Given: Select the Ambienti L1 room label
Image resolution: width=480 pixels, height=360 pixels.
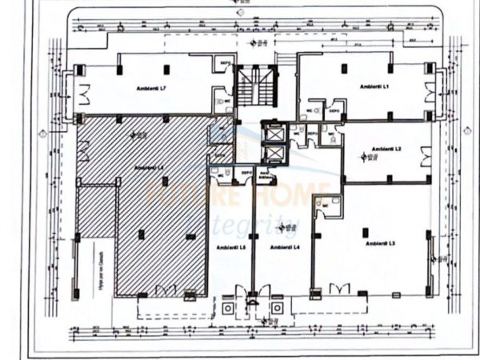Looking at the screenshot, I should click(x=372, y=85).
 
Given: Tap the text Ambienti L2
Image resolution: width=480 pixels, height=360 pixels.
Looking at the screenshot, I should click(x=386, y=150).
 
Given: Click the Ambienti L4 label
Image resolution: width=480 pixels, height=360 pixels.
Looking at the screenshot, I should click(x=285, y=247).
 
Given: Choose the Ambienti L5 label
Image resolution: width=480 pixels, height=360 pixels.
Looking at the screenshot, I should click(x=230, y=247).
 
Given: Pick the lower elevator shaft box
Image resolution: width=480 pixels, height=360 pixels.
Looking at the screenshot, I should click(x=274, y=152).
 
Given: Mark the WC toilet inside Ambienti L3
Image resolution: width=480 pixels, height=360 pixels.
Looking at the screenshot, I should click(x=326, y=206).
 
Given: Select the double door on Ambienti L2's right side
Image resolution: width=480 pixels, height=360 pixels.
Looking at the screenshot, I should click(x=426, y=159).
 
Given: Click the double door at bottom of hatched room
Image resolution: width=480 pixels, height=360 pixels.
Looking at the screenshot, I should click(x=166, y=290).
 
